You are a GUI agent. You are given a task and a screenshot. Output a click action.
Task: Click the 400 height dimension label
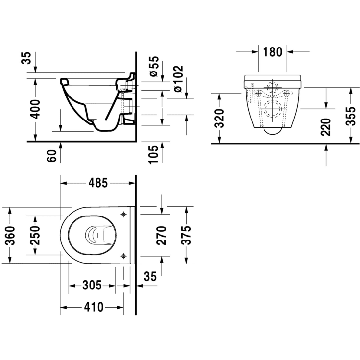[36, 109]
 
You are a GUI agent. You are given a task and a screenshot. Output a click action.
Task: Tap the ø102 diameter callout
[178, 79]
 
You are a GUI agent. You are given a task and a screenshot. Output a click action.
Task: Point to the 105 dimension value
[154, 154]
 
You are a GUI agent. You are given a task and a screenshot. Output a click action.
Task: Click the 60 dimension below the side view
[51, 156]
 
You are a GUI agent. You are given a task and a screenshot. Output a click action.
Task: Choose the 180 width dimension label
[272, 52]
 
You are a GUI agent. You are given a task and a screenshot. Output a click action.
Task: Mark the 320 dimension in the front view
[219, 118]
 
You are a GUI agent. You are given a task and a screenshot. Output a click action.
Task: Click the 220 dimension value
[326, 127]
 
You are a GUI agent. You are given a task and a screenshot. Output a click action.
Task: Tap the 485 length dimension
[98, 183]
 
